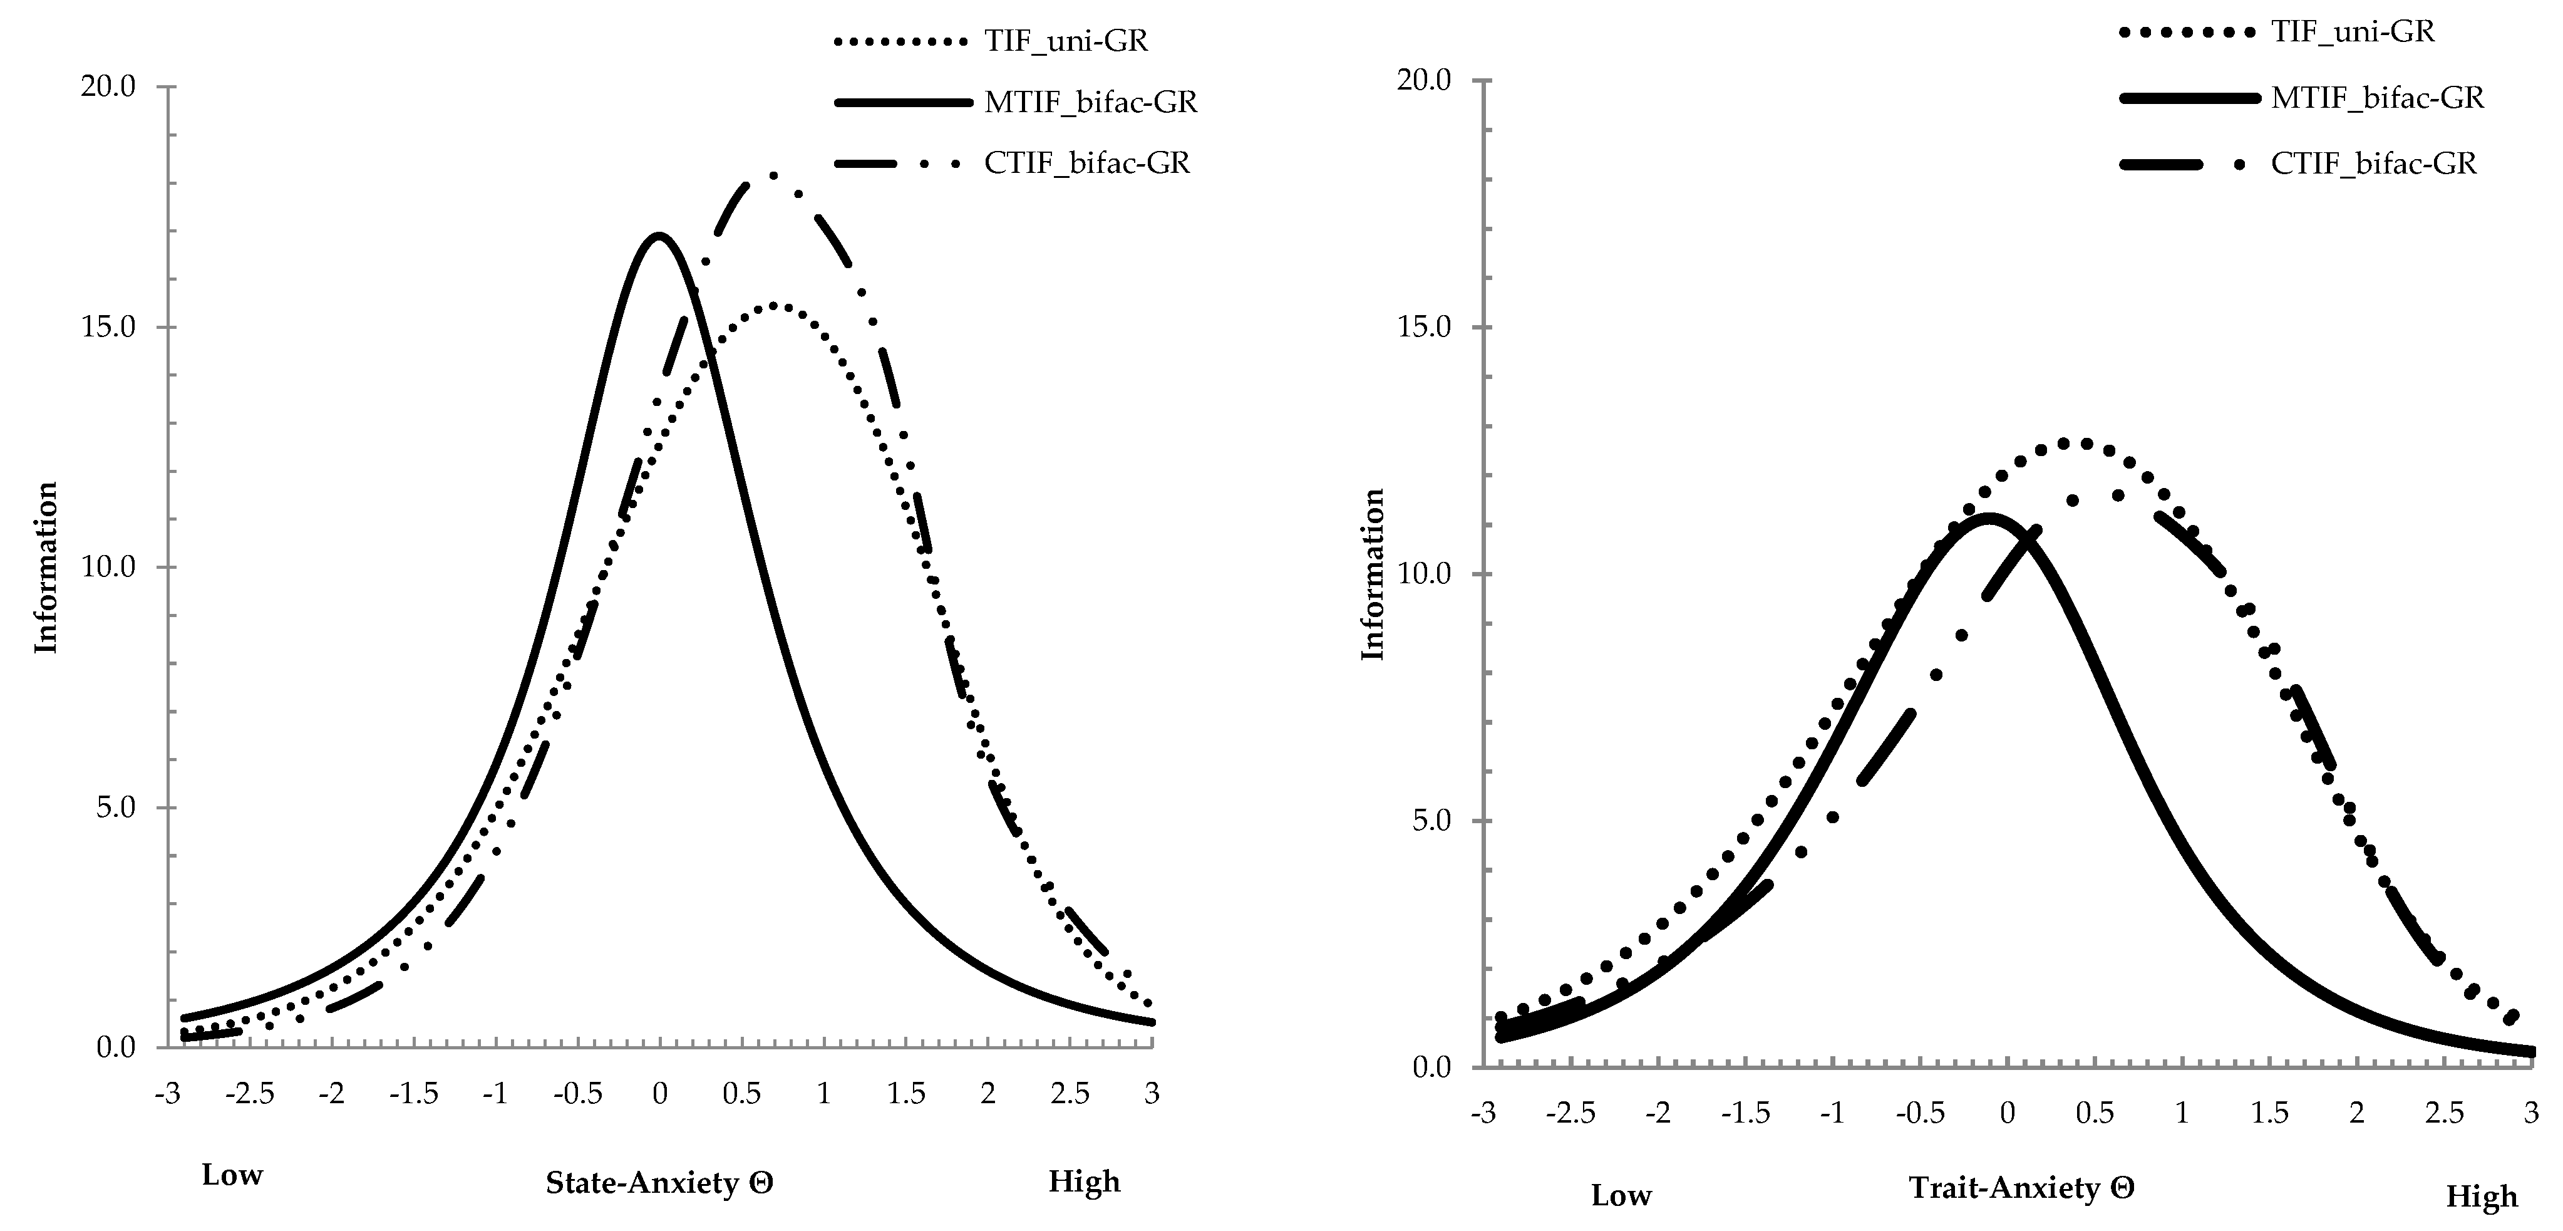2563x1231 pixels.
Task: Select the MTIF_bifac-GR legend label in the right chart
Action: pos(2377,98)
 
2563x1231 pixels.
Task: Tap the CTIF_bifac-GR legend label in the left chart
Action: pos(1086,162)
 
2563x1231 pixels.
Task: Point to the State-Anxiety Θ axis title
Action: pos(659,1183)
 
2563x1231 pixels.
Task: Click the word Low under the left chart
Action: pos(232,1175)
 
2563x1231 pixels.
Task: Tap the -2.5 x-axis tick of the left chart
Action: pos(249,1094)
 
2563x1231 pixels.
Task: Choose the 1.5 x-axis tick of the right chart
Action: pos(2269,1113)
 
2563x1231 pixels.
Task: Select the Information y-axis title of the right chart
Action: pos(1373,574)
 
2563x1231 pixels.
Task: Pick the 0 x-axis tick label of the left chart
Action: pos(659,1094)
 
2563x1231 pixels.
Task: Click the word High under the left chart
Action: pos(1083,1182)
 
